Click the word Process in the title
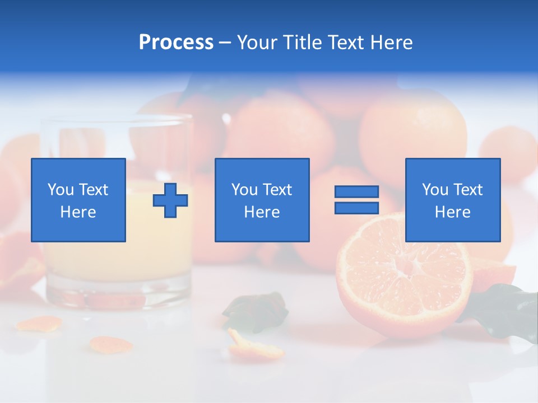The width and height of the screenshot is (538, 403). [176, 43]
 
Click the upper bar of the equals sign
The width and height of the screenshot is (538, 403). [356, 192]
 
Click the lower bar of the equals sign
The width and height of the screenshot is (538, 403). [356, 208]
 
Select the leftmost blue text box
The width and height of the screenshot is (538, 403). [78, 200]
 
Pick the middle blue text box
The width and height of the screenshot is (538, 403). [262, 200]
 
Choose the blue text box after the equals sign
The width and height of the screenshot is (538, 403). [452, 200]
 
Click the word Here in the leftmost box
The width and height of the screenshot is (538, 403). [78, 212]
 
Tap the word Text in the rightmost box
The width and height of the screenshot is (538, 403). [468, 190]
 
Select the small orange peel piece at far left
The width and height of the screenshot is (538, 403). [39, 324]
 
